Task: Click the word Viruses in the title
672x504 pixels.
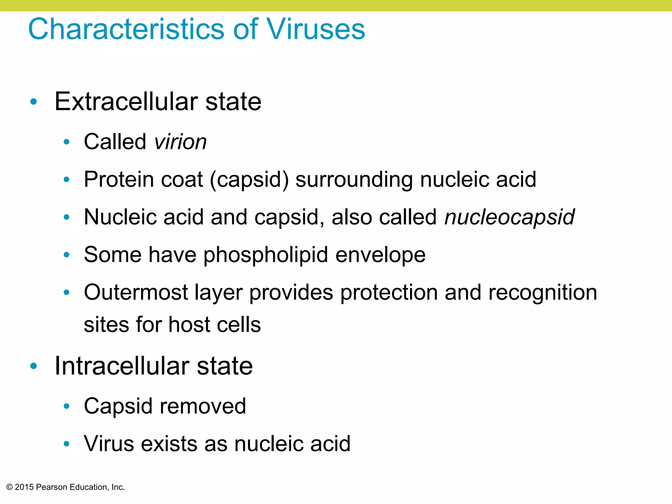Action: point(316,30)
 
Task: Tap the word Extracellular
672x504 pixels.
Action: point(126,101)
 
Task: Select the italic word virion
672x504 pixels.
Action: point(180,142)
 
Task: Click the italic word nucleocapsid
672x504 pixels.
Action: point(509,217)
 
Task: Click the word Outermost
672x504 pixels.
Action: point(136,292)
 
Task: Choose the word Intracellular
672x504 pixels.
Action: point(122,366)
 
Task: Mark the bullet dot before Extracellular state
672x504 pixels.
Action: point(33,102)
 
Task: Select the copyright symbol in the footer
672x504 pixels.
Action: point(10,487)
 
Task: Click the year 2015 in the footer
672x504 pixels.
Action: point(24,487)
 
